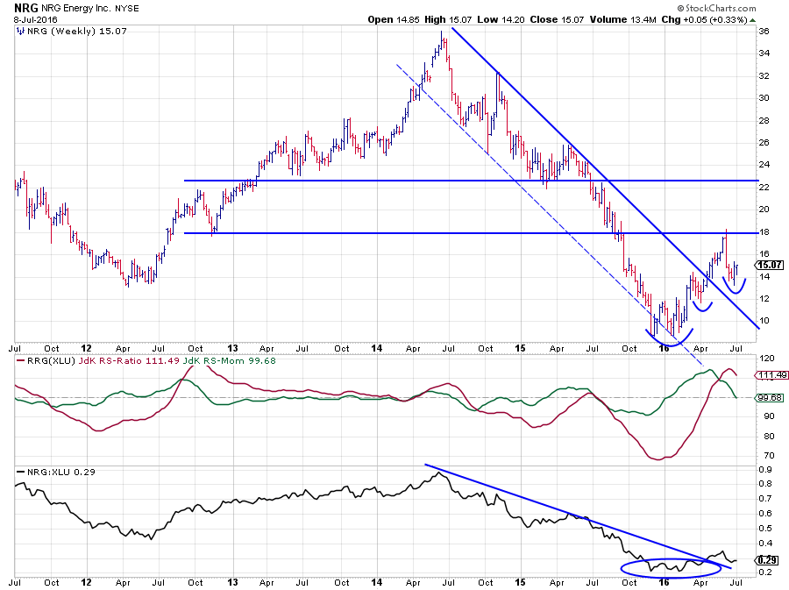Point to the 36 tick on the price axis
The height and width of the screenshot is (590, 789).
pos(764,32)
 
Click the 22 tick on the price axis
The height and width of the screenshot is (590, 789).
pos(764,187)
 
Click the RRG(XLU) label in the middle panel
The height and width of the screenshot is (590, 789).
pos(40,360)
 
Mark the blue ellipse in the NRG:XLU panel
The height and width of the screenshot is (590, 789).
pos(664,567)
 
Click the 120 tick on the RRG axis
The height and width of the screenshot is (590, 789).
pos(765,359)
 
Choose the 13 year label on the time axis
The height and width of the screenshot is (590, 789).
pos(231,348)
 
